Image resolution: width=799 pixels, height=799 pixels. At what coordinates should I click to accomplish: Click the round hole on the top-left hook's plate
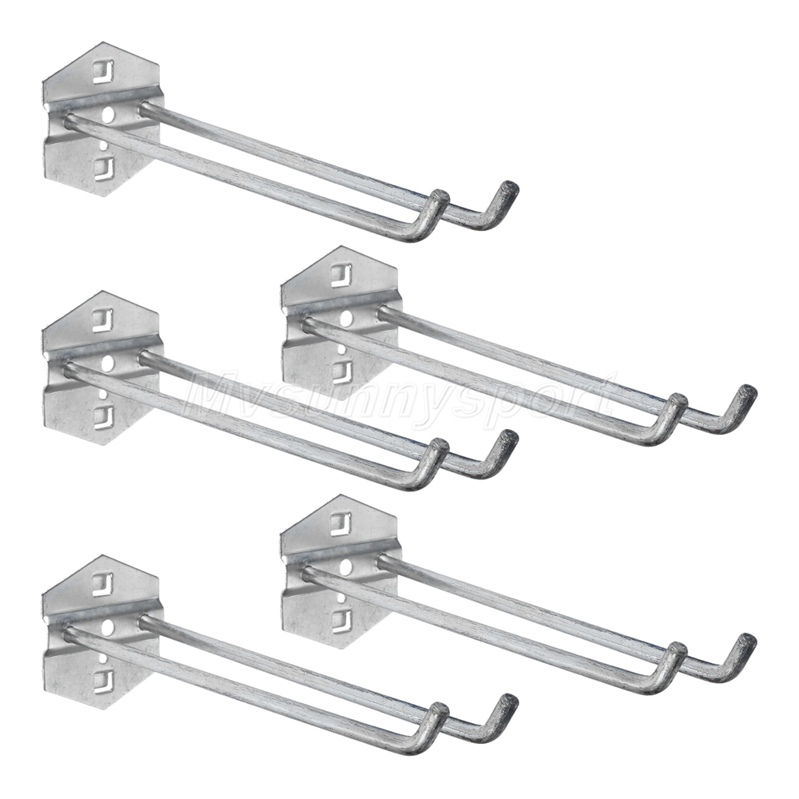(x=108, y=115)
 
